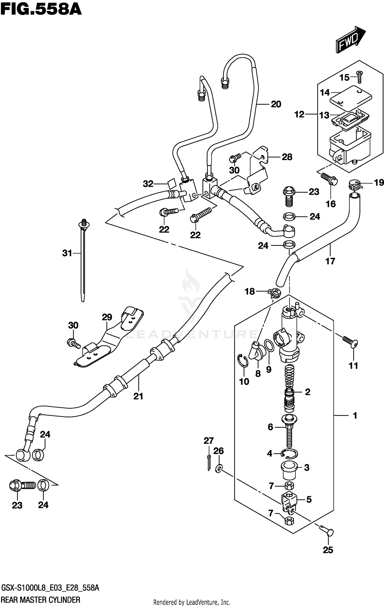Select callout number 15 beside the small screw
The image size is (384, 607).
pyautogui.click(x=344, y=77)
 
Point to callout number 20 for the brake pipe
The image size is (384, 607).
pyautogui.click(x=276, y=104)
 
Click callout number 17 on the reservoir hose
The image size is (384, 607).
pyautogui.click(x=330, y=261)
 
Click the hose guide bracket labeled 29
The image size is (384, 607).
pyautogui.click(x=108, y=340)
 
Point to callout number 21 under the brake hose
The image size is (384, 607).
pyautogui.click(x=138, y=396)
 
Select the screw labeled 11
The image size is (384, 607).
pyautogui.click(x=350, y=342)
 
